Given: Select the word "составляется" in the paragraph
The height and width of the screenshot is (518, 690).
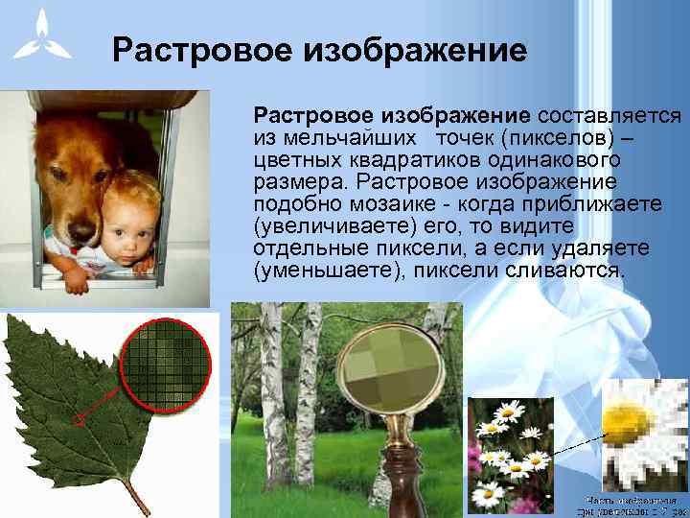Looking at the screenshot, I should pyautogui.click(x=609, y=116).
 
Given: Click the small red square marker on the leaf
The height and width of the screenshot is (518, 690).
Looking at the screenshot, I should pyautogui.click(x=80, y=418).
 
